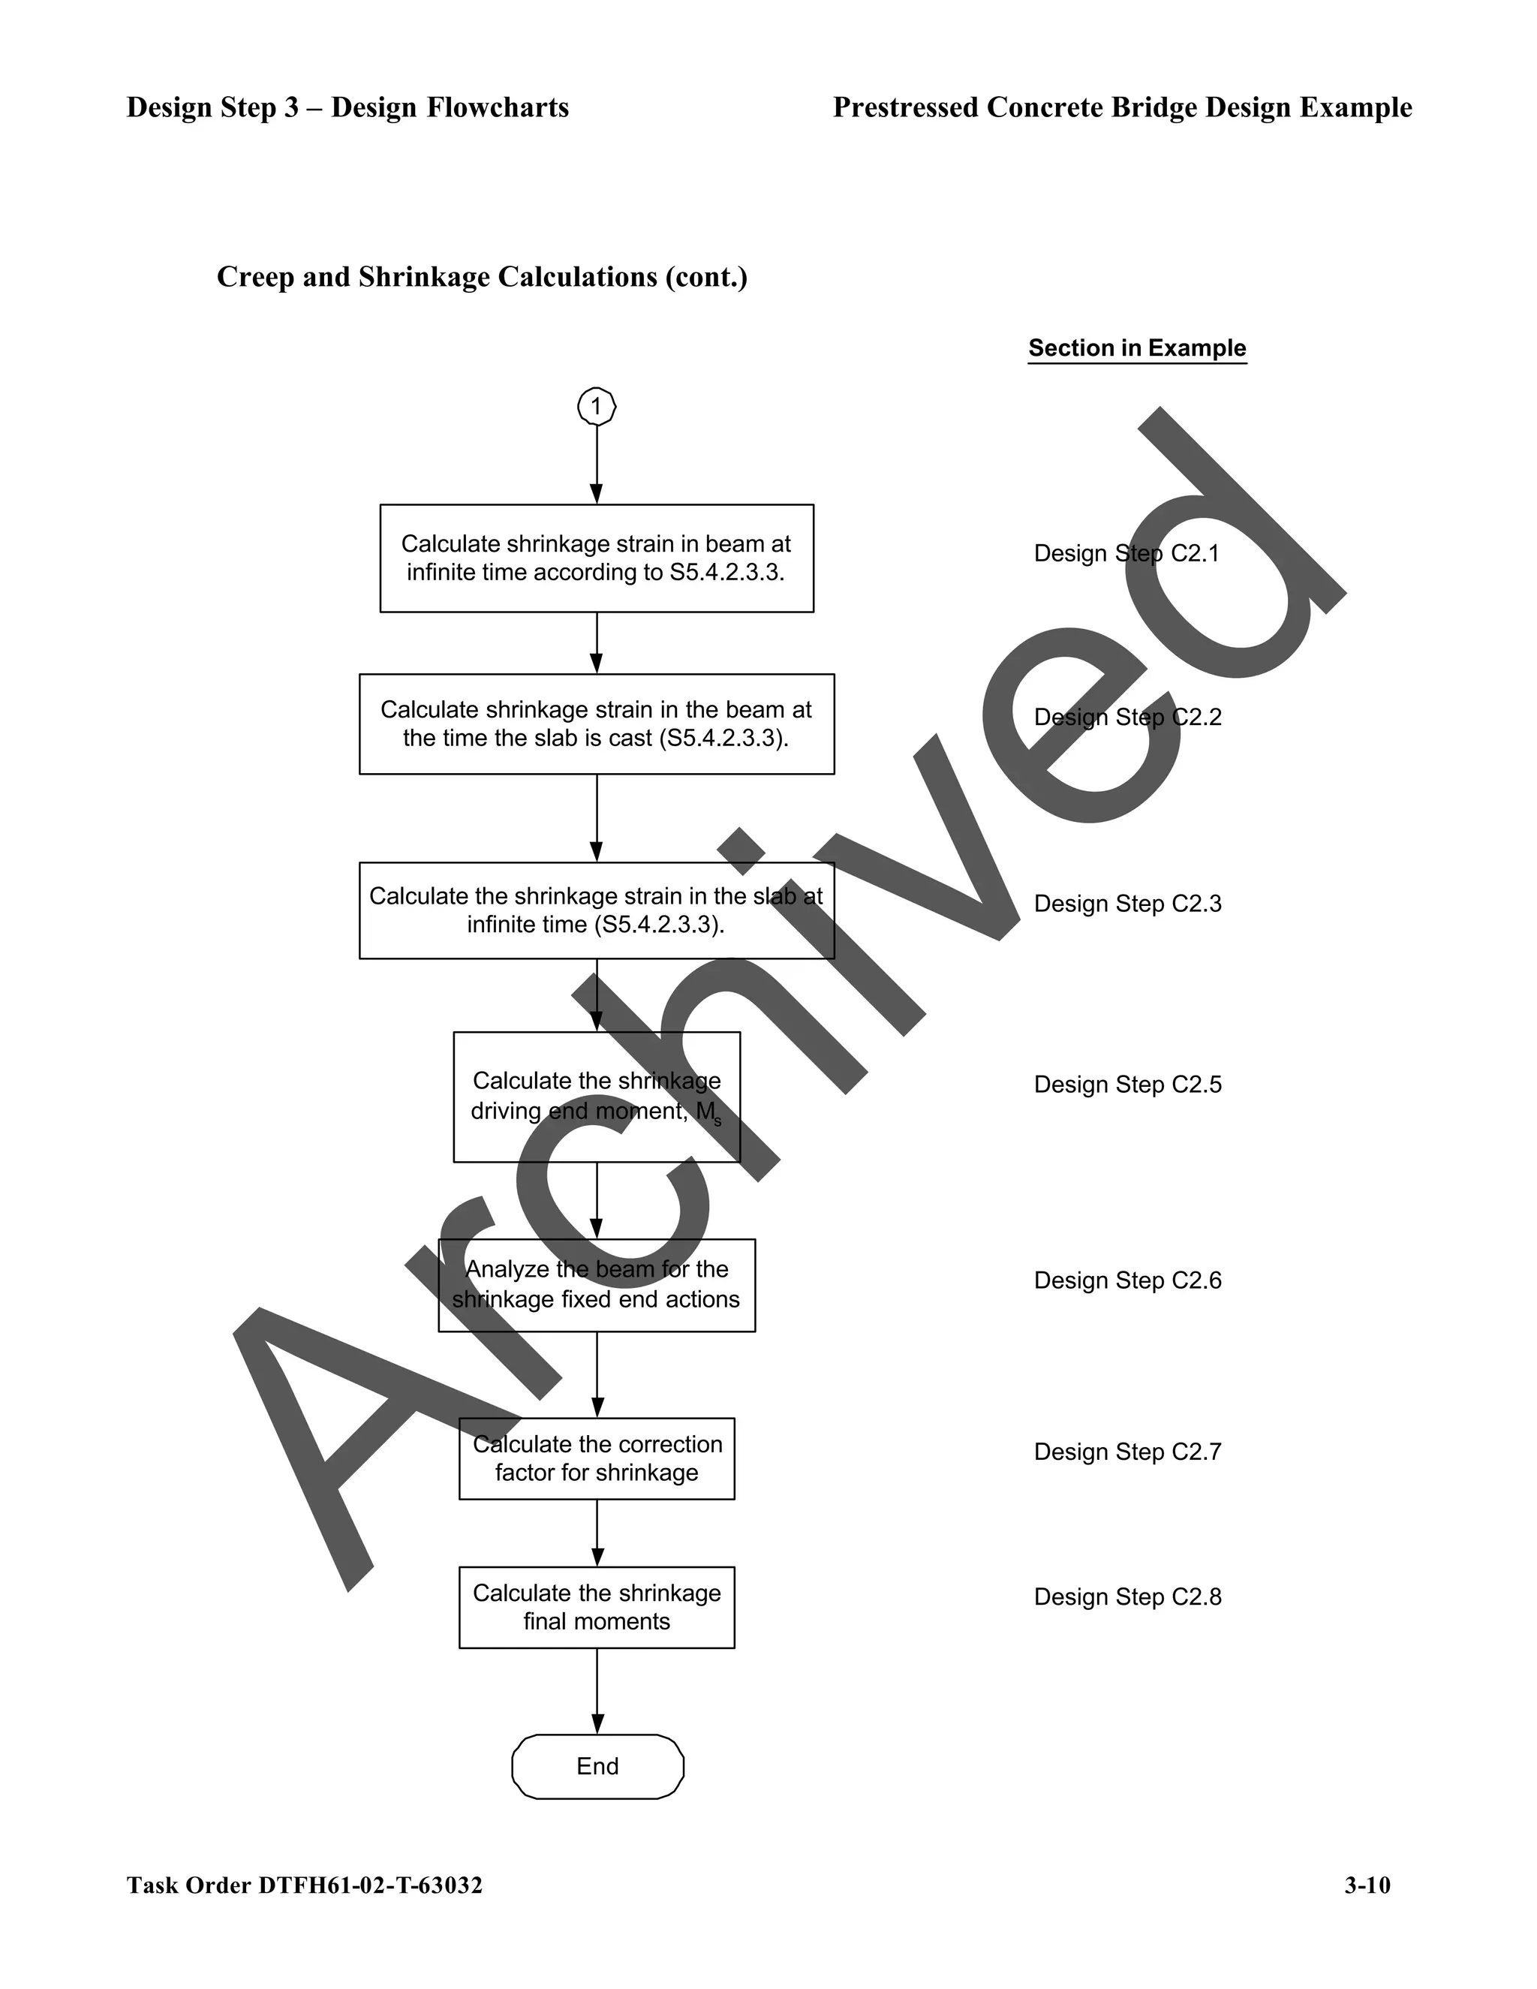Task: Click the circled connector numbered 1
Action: pos(597,406)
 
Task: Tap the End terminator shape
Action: pos(597,1766)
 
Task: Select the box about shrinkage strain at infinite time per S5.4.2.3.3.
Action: pos(597,558)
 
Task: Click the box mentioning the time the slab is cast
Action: pos(597,724)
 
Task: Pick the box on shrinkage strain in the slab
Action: pos(597,910)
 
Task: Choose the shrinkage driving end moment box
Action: pos(597,1097)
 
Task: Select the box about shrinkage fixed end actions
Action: pos(597,1285)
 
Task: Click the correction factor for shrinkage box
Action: pos(597,1458)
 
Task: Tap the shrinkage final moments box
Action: pos(597,1608)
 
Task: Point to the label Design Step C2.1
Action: pos(1126,554)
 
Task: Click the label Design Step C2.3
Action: pos(1127,904)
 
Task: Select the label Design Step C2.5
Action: pos(1127,1085)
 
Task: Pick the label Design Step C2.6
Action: pos(1127,1280)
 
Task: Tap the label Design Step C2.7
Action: pos(1127,1452)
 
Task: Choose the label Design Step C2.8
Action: pos(1127,1596)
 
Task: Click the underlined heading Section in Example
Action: pos(1136,348)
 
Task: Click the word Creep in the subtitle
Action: pos(256,277)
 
